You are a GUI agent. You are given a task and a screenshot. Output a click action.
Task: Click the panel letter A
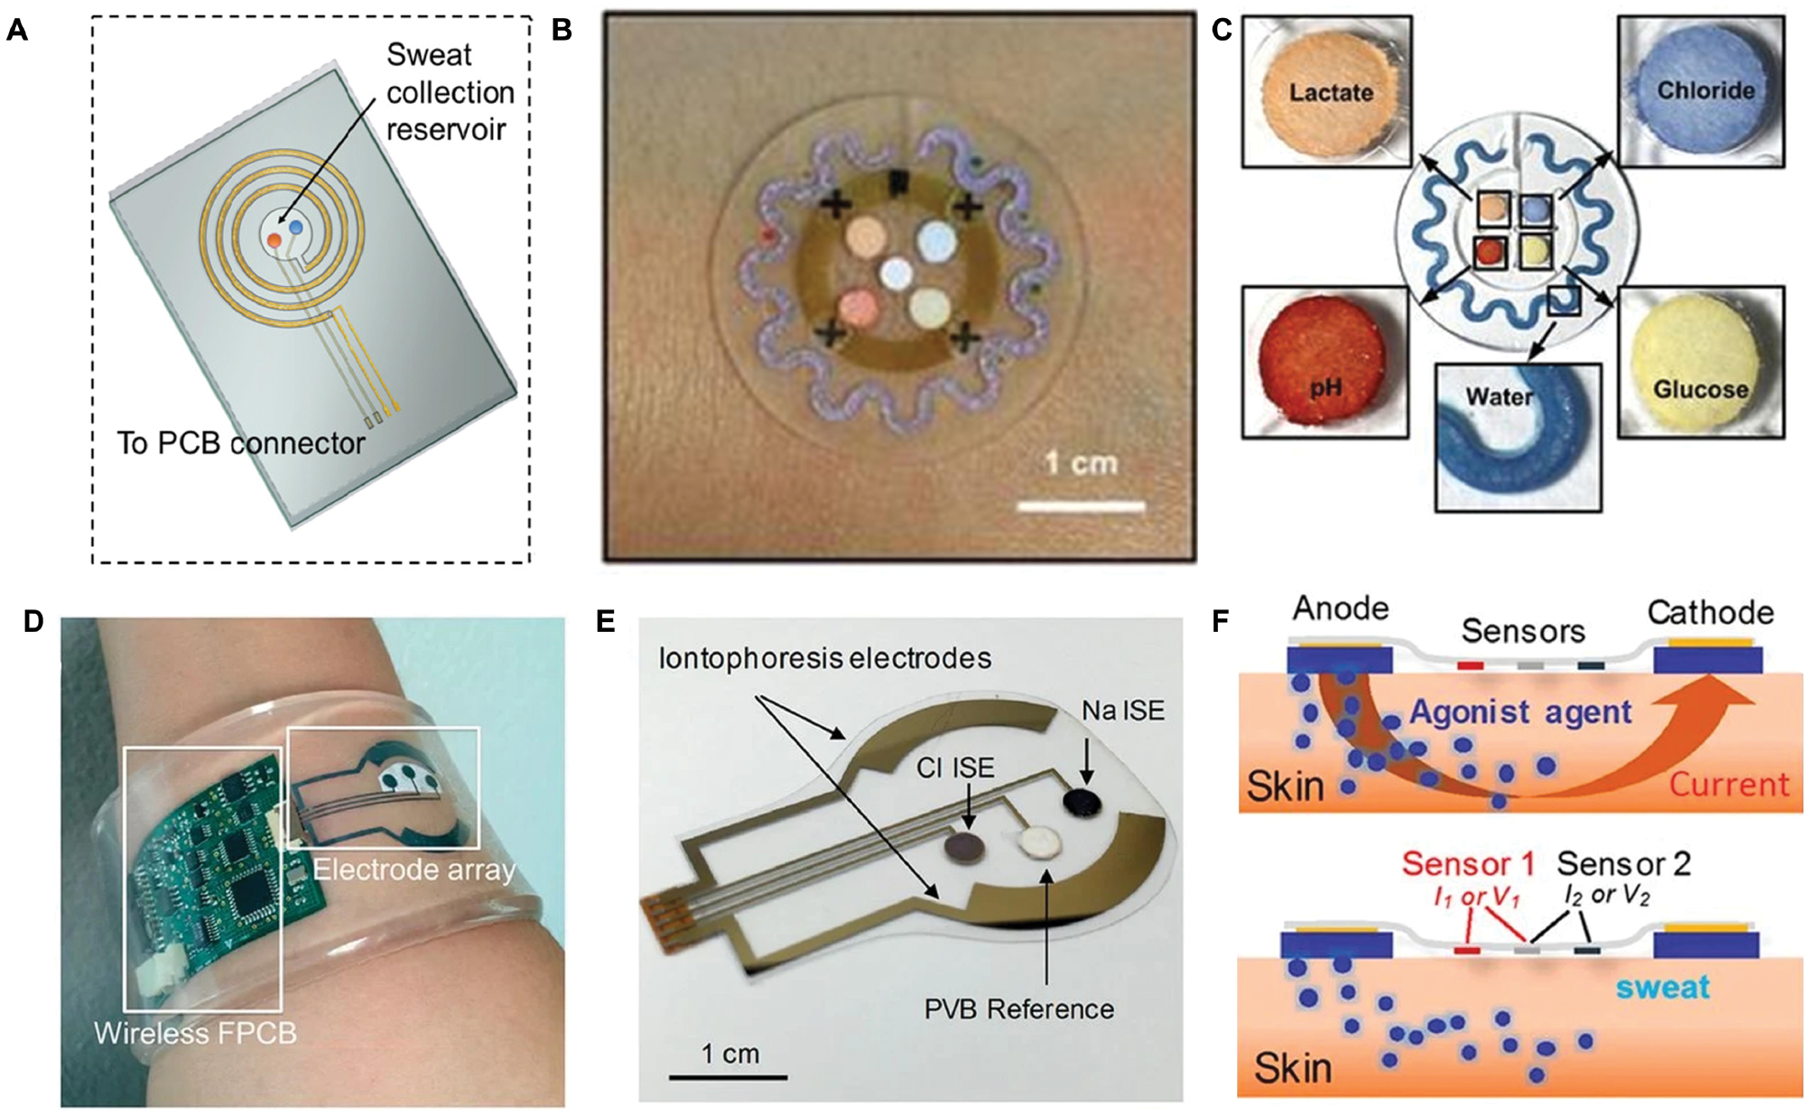16,31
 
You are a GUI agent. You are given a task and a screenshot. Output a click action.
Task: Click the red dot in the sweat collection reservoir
274,240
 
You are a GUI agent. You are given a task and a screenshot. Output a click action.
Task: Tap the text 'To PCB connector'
241,443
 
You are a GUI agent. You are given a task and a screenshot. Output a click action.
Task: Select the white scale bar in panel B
1081,506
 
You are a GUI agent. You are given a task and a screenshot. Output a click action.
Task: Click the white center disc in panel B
897,274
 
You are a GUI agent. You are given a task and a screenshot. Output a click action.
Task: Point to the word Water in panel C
1499,396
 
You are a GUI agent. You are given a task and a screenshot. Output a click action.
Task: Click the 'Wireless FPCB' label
195,1033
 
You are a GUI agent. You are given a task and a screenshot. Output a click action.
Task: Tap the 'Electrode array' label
414,869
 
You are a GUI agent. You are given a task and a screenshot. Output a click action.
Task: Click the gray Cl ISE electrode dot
966,847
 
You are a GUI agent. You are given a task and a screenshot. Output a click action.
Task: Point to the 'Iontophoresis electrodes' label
825,658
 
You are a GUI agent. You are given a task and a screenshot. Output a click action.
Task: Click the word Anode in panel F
1341,609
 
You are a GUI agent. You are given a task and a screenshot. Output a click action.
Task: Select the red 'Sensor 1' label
1468,864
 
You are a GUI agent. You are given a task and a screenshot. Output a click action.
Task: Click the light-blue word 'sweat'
1662,988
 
